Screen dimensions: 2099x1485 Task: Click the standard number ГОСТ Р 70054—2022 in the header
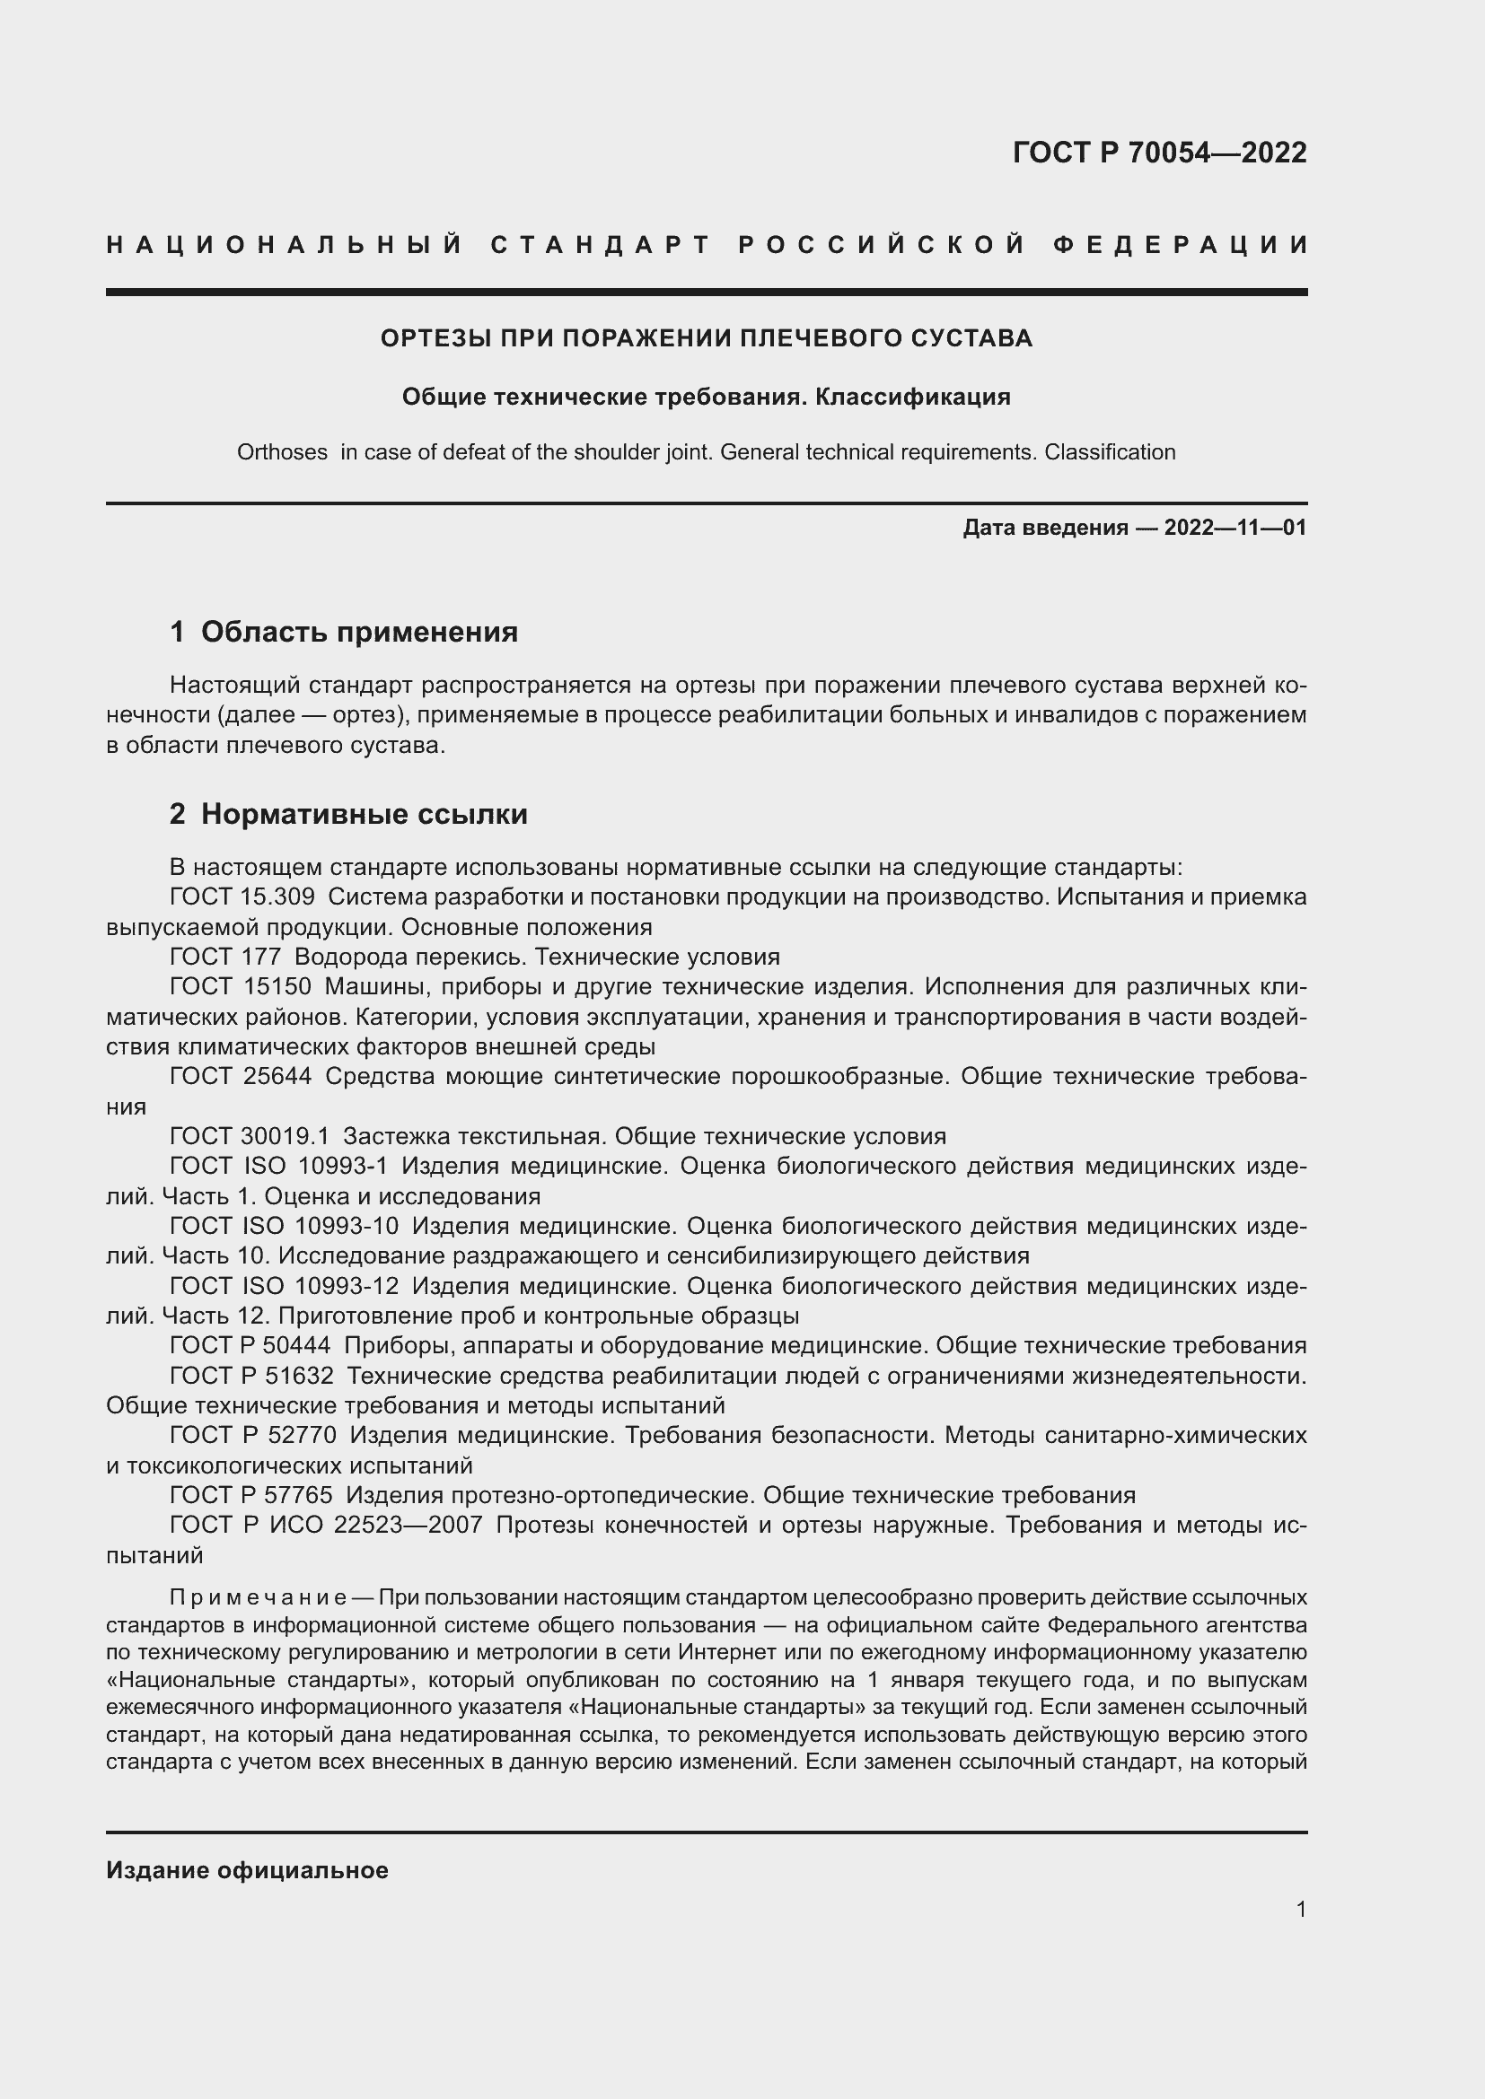pos(1159,153)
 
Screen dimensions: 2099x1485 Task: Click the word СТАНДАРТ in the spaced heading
pos(601,245)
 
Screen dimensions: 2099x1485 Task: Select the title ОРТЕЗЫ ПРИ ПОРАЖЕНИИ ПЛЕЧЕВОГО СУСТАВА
pos(706,338)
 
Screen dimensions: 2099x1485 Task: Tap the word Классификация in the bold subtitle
pos(912,397)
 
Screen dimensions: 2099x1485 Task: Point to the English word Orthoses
pos(282,452)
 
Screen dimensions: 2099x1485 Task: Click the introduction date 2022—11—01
pos(1235,528)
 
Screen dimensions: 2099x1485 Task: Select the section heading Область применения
pos(358,632)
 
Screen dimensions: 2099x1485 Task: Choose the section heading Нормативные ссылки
pos(364,814)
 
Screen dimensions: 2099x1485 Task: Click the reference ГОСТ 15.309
pos(242,896)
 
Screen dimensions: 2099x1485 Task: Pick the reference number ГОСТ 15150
pos(241,987)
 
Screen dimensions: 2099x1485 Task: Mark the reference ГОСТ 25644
pos(241,1076)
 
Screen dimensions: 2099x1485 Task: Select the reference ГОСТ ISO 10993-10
pos(285,1226)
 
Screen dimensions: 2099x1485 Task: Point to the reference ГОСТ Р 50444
pos(250,1346)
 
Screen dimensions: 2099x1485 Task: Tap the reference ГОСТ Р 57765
pos(250,1496)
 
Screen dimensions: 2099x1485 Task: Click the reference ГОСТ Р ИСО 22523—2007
pos(326,1525)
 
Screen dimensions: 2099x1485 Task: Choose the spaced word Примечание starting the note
pos(257,1598)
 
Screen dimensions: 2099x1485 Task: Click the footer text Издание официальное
pos(247,1870)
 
